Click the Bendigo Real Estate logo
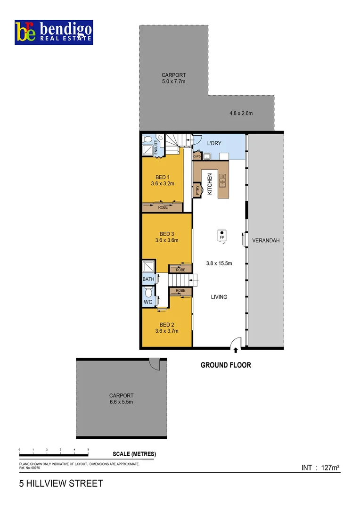tap(54, 32)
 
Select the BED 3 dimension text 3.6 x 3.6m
tap(167, 240)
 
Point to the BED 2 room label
tap(167, 325)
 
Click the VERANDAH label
tap(266, 240)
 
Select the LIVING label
tap(219, 297)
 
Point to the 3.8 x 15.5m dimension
tap(219, 263)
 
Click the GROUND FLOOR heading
tap(226, 365)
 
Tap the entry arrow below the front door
tap(236, 350)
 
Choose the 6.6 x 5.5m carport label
tap(121, 402)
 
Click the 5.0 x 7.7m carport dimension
tap(173, 82)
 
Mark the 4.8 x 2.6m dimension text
tap(241, 113)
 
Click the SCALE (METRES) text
tap(134, 454)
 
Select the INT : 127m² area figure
tap(320, 468)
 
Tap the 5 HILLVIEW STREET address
tap(60, 484)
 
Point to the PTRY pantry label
tap(197, 190)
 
